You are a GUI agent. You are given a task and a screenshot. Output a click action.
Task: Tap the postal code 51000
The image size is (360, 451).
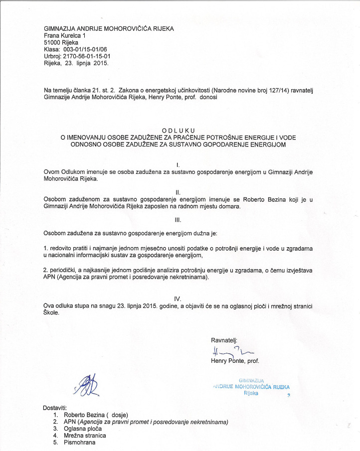coord(52,43)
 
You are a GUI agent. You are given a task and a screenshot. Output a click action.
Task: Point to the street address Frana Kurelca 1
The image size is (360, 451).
coord(65,36)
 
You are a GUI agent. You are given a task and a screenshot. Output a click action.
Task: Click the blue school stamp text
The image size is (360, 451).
coord(251,387)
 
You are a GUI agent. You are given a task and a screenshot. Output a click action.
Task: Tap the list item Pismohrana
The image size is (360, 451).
coord(80,443)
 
